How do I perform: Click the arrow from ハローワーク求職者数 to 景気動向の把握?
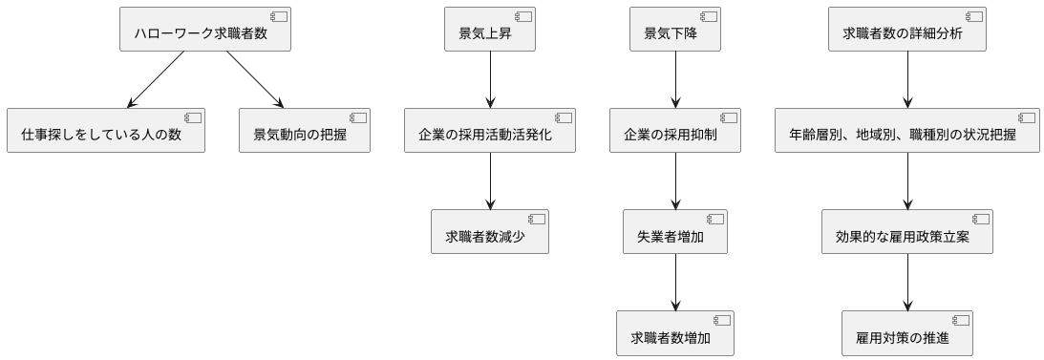coord(255,79)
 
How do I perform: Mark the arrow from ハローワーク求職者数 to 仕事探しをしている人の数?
coord(156,79)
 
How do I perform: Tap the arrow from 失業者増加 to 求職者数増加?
coord(676,282)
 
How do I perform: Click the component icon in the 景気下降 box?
coord(710,16)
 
